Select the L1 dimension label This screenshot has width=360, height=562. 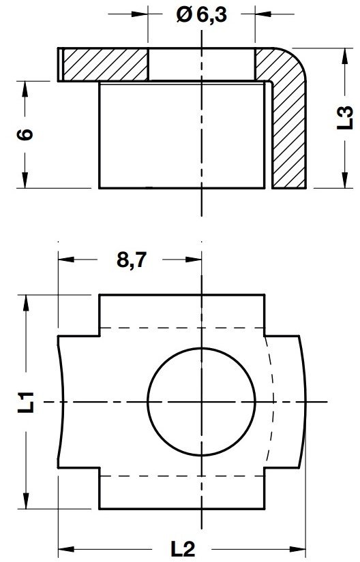click(27, 402)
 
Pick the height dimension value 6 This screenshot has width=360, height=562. click(25, 134)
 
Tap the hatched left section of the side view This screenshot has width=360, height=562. click(105, 65)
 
